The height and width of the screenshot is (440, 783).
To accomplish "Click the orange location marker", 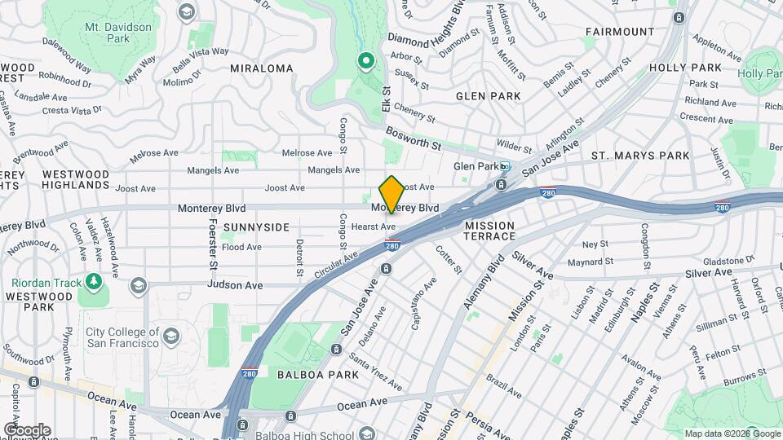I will (391, 194).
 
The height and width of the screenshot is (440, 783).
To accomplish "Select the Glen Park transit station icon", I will (505, 166).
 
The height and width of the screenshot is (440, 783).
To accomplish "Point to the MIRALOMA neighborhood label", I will (261, 68).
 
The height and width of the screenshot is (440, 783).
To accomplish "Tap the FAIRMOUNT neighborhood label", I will (619, 32).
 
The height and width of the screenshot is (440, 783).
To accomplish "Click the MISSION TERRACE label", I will (490, 231).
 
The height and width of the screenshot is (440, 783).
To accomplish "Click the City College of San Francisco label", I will (122, 337).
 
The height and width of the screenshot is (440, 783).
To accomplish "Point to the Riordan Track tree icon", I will (95, 282).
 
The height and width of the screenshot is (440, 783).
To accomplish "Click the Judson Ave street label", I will (235, 285).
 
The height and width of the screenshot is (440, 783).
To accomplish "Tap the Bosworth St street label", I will (414, 146).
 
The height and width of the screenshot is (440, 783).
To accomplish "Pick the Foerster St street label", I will (213, 244).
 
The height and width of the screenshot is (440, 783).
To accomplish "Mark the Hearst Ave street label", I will (376, 227).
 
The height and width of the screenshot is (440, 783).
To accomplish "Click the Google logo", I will (27, 429).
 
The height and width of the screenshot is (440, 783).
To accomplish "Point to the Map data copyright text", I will (732, 433).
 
